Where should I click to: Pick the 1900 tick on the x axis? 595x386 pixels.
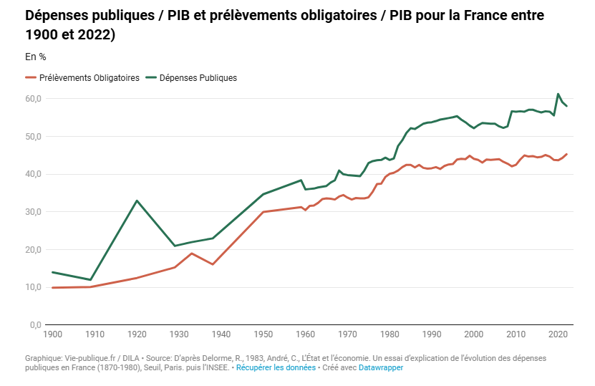pyautogui.click(x=52, y=334)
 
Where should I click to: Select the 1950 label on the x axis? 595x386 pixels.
pyautogui.click(x=263, y=334)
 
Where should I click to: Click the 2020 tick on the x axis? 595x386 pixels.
pyautogui.click(x=558, y=334)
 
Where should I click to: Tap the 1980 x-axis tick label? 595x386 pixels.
pyautogui.click(x=390, y=334)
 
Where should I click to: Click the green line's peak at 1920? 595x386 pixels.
pyautogui.click(x=137, y=201)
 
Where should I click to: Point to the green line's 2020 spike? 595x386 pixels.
pyautogui.click(x=558, y=94)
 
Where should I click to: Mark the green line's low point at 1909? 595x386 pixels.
pyautogui.click(x=90, y=280)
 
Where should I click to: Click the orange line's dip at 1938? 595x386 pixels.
pyautogui.click(x=213, y=264)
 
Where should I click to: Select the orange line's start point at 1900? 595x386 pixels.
pyautogui.click(x=52, y=288)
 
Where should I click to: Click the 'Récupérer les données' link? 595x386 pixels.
pyautogui.click(x=276, y=367)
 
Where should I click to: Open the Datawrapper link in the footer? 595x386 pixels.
pyautogui.click(x=380, y=367)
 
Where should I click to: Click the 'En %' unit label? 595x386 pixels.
pyautogui.click(x=35, y=57)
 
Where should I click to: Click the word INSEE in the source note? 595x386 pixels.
pyautogui.click(x=216, y=367)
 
